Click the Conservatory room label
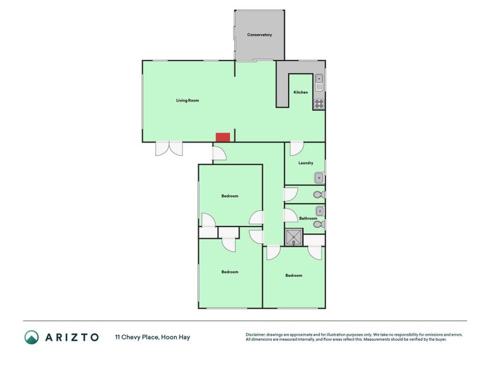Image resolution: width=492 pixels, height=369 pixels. [260, 35]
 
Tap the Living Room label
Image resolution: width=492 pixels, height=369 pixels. [188, 100]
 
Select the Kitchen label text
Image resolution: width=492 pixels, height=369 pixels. [301, 92]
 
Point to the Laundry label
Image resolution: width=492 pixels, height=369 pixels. [306, 163]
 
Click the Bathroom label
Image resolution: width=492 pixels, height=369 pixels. [308, 218]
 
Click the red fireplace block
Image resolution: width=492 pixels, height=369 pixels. [222, 137]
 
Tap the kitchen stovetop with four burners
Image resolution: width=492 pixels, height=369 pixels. [319, 103]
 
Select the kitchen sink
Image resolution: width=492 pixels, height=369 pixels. [319, 82]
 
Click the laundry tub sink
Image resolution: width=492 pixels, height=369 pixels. [319, 178]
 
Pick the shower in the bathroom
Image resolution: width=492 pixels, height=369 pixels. [294, 237]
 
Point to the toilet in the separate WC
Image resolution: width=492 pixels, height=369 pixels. [317, 195]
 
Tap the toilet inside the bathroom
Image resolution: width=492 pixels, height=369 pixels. [317, 224]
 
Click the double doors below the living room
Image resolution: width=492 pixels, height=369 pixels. [169, 148]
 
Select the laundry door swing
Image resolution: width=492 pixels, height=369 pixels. [296, 148]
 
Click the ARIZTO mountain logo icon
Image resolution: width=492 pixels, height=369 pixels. [31, 337]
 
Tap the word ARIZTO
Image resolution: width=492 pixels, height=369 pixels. [71, 337]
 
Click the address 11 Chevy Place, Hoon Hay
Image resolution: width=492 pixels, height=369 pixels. [153, 337]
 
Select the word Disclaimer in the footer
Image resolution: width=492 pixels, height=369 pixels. [258, 335]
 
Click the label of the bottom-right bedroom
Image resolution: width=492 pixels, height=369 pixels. [294, 276]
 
